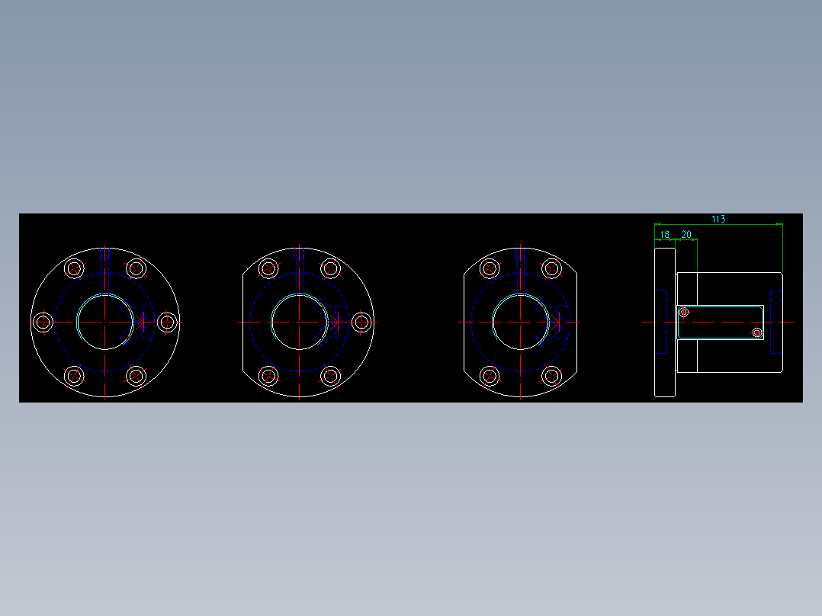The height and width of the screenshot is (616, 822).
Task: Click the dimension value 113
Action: [x=718, y=220]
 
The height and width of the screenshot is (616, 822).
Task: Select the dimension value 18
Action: [x=665, y=235]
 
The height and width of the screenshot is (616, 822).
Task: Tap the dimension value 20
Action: [x=686, y=235]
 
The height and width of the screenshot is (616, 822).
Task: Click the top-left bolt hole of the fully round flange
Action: [x=74, y=268]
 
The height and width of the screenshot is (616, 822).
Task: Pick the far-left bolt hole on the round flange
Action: [x=43, y=322]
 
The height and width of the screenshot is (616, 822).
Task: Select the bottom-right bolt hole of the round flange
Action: [x=136, y=376]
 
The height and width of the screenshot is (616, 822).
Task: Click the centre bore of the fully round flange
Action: [x=104, y=322]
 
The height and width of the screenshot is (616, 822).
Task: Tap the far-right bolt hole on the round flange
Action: [x=167, y=322]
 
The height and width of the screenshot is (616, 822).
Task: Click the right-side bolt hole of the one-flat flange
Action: [x=361, y=322]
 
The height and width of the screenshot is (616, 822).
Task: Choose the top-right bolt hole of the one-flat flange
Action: [x=330, y=268]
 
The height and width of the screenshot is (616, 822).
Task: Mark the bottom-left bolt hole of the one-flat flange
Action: [x=268, y=376]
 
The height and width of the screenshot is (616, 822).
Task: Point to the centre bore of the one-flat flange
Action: [x=299, y=322]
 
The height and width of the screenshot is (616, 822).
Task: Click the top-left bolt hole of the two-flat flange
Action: [x=490, y=268]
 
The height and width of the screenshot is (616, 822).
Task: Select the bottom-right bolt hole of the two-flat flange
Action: [x=552, y=376]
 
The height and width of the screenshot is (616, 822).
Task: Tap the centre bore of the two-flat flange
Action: [x=521, y=322]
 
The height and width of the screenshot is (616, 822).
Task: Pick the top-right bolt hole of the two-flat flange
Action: [x=552, y=268]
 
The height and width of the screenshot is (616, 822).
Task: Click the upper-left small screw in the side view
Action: [x=684, y=312]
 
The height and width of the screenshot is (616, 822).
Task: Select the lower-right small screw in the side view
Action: [x=756, y=332]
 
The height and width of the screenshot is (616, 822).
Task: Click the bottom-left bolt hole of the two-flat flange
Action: [x=490, y=376]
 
